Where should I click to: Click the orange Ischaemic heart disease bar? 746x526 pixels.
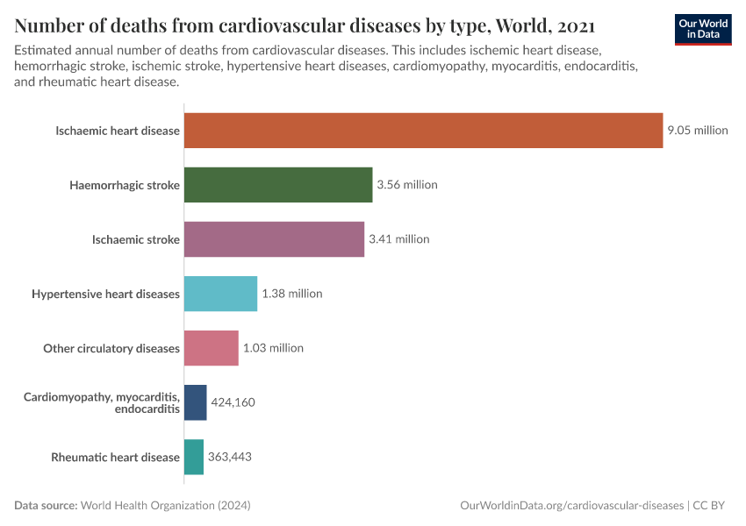coord(423,131)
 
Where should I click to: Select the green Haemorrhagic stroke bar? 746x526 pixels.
coord(278,185)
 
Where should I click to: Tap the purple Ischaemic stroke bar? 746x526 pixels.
coord(274,239)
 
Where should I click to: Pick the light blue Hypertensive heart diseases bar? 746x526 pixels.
coord(220,294)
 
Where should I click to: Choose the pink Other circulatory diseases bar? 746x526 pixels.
coord(211,348)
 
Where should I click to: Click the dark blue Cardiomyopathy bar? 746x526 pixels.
coord(195,402)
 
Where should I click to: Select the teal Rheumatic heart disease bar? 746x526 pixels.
coord(193,457)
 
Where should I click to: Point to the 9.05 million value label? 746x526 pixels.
coord(697,131)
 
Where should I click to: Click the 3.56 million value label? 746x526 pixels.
coord(406,185)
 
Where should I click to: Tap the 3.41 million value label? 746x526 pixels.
coord(398,239)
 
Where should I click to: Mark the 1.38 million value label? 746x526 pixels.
coord(291,294)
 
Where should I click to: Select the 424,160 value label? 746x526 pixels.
coord(233,402)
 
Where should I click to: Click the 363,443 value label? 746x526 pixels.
coord(230,457)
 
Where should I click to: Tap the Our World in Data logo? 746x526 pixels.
coord(702,29)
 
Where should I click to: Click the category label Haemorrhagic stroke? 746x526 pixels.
coord(125,185)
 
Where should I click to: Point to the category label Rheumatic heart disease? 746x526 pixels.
coord(115,457)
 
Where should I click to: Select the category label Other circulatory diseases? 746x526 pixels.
coord(111,348)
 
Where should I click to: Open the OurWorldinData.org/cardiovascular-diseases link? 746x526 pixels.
coord(571,506)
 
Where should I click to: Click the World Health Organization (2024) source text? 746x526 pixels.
coord(166,506)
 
